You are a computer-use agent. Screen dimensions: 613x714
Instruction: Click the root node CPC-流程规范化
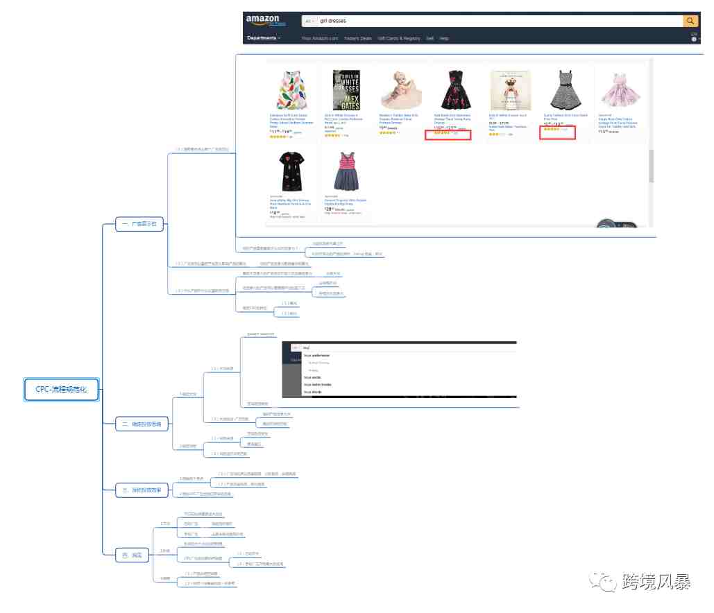tap(61, 390)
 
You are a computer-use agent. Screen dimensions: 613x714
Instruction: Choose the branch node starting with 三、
tap(141, 490)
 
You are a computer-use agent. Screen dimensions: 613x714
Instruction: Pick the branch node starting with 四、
tap(131, 555)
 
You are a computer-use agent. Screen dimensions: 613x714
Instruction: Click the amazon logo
tap(262, 21)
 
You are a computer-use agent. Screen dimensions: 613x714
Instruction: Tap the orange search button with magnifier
tap(690, 21)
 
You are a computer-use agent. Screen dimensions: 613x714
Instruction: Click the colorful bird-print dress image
tap(292, 90)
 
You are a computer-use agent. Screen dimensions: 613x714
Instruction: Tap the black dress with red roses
tap(455, 90)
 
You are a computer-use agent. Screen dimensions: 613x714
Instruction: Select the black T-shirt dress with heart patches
tap(291, 171)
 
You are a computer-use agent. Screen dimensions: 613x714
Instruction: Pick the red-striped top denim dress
tap(346, 171)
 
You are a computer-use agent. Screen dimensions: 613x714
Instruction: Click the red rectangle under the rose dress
tap(448, 135)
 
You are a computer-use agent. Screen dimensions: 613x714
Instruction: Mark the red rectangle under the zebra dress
tap(558, 132)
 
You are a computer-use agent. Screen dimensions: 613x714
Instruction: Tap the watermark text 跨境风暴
tap(656, 582)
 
